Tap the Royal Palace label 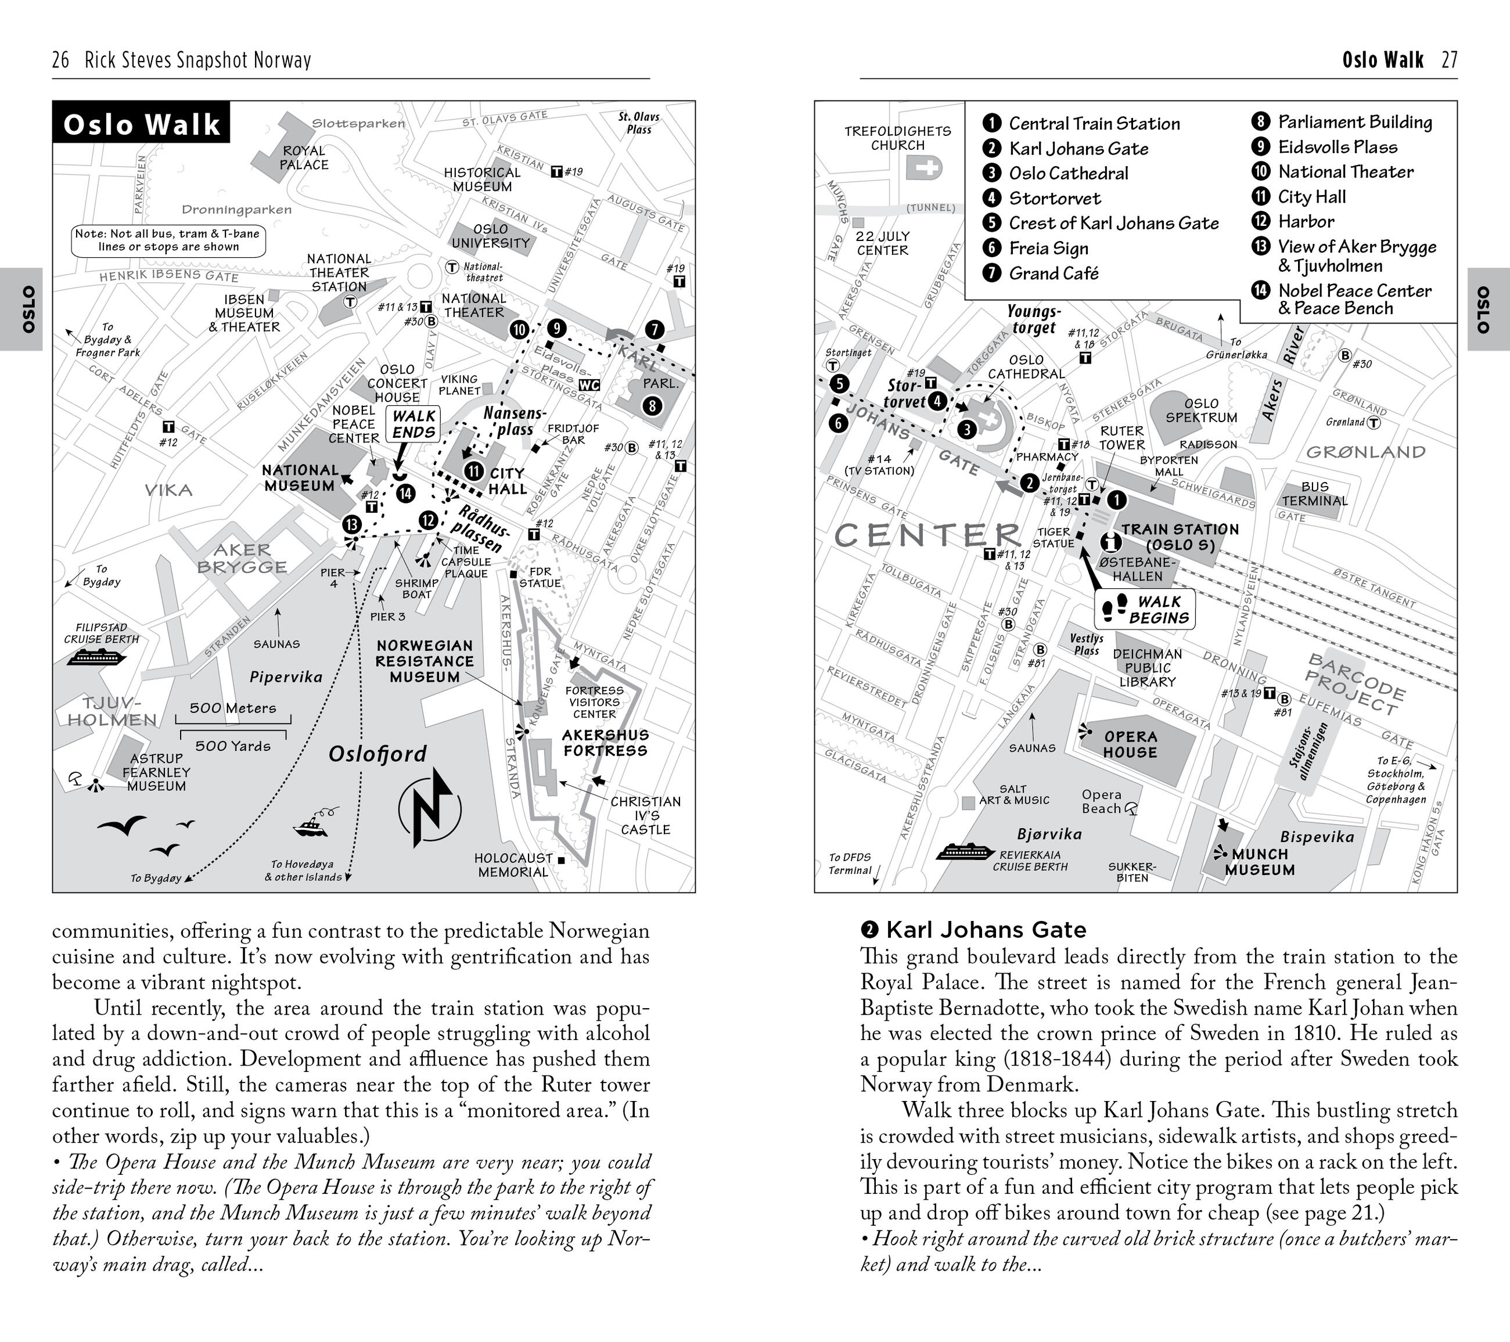pos(304,157)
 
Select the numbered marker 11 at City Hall pos(473,471)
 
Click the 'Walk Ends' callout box pos(414,424)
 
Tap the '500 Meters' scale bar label pos(233,707)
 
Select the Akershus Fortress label pos(605,742)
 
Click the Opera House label pos(1130,744)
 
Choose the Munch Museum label pos(1259,862)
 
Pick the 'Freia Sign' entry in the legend pos(1048,248)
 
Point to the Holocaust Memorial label pos(513,864)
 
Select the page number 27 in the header pos(1450,60)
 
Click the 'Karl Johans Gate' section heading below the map pos(986,929)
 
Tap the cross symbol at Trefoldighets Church pos(923,168)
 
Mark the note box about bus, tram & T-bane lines pos(168,240)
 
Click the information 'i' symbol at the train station pos(1110,541)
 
